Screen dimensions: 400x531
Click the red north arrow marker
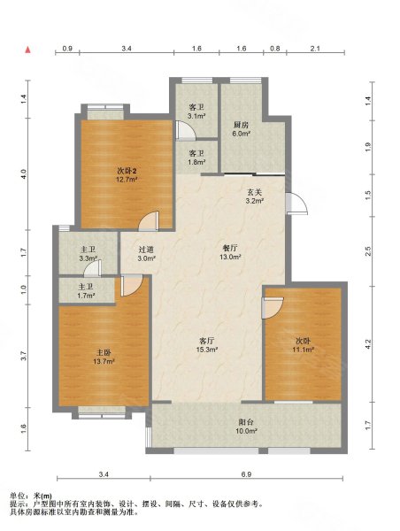[x=28, y=50]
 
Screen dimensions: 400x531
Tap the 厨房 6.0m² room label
[x=242, y=129]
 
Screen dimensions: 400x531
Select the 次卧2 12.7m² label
[x=127, y=175]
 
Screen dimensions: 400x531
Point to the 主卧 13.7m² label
[x=104, y=358]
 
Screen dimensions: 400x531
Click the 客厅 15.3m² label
[x=206, y=345]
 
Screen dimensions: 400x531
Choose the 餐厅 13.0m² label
[x=230, y=252]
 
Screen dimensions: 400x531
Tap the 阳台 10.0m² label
[x=247, y=427]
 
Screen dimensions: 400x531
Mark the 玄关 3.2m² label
[x=254, y=196]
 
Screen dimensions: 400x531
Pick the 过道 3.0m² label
[x=147, y=254]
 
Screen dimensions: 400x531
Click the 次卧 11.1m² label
[x=303, y=345]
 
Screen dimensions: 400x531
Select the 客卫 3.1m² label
[x=197, y=112]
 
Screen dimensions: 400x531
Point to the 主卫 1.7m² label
[x=86, y=291]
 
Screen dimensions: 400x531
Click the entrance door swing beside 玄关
[x=296, y=204]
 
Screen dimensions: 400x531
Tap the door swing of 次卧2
[x=149, y=220]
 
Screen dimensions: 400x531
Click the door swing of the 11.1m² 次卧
[x=273, y=308]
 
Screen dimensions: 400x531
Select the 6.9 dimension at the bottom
[x=246, y=474]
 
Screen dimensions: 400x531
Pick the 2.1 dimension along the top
[x=315, y=49]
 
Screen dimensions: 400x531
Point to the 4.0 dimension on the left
[x=23, y=174]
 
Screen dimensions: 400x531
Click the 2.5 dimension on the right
[x=368, y=251]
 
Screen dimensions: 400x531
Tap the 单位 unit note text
[x=31, y=496]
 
